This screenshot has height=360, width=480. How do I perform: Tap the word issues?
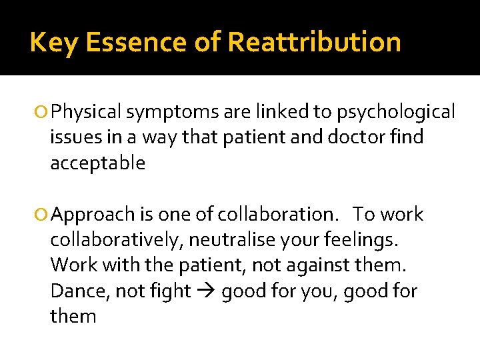(x=71, y=137)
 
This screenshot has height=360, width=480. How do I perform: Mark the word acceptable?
(x=97, y=163)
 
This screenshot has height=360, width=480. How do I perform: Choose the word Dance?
(x=75, y=291)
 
